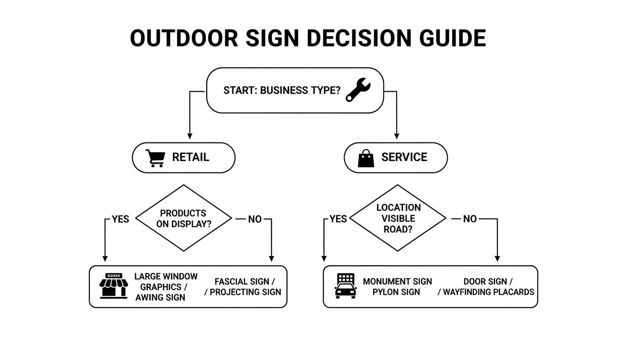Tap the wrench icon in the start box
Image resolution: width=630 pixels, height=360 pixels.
click(x=358, y=90)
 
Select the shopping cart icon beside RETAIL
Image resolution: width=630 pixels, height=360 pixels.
click(x=155, y=158)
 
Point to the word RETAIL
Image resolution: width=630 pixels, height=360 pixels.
click(x=191, y=157)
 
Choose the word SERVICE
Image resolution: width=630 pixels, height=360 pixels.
click(x=404, y=157)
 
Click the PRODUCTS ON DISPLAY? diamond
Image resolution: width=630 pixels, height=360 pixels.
click(x=184, y=218)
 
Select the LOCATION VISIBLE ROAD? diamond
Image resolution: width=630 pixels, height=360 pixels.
click(x=398, y=218)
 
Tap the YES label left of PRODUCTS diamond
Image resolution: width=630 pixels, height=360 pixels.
click(x=120, y=219)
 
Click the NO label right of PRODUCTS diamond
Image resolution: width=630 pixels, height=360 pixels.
click(x=255, y=219)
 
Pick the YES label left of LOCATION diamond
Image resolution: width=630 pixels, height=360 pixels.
click(x=338, y=219)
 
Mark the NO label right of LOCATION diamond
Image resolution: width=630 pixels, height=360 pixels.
click(x=470, y=219)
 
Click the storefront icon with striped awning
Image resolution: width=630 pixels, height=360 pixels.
click(x=114, y=285)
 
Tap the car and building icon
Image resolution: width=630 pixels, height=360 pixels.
click(x=345, y=286)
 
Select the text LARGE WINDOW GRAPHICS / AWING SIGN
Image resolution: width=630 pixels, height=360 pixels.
click(x=165, y=286)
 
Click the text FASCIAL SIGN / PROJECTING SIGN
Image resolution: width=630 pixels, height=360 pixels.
click(x=244, y=286)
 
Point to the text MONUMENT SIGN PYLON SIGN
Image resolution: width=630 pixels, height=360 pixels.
click(x=397, y=286)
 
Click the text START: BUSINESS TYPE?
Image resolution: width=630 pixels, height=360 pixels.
click(x=282, y=90)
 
